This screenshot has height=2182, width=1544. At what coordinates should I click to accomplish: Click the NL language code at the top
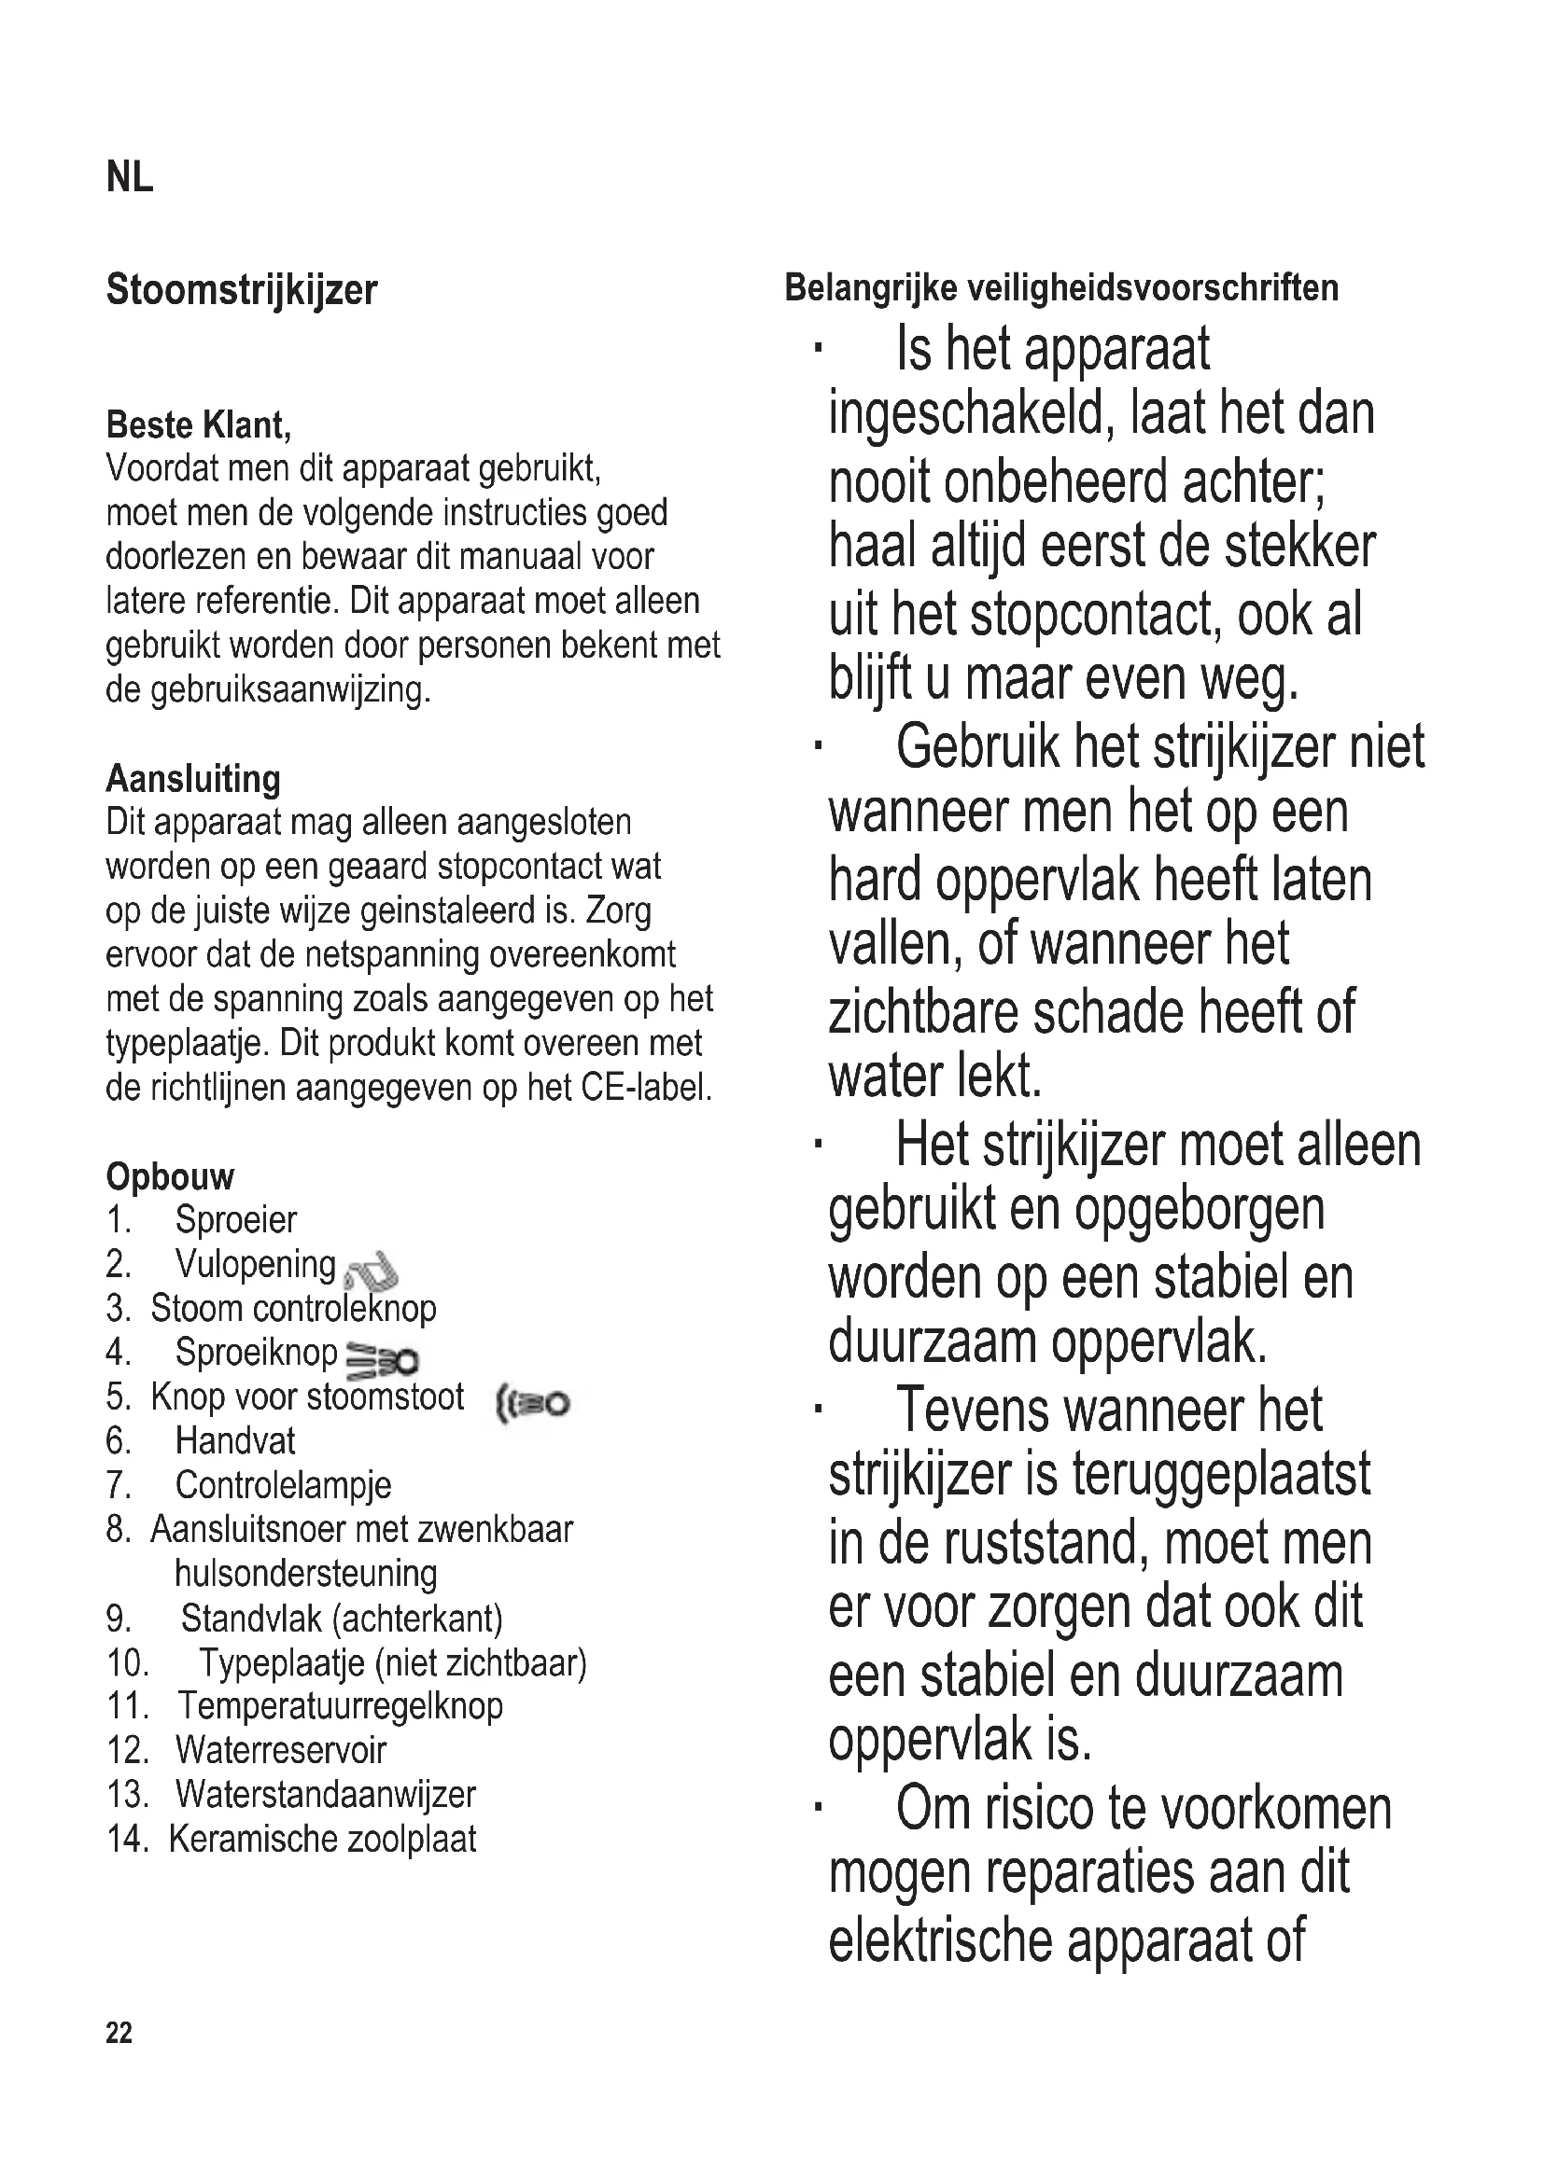click(x=130, y=178)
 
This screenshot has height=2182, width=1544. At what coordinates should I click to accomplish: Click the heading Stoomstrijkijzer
click(x=242, y=290)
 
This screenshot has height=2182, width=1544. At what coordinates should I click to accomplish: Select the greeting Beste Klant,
click(x=199, y=424)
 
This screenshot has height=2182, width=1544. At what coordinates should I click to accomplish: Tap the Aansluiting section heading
click(x=193, y=778)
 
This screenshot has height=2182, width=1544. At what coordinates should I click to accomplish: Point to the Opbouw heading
click(x=170, y=1176)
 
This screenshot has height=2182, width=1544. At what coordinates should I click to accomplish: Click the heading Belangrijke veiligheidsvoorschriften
click(x=1061, y=287)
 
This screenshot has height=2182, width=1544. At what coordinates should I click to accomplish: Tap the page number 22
click(x=119, y=2033)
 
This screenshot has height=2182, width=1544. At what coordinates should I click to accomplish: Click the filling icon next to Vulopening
click(x=371, y=1271)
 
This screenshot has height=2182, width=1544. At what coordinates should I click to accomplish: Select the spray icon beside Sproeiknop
click(x=381, y=1360)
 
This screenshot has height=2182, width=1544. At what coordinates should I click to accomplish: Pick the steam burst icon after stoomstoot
click(x=532, y=1403)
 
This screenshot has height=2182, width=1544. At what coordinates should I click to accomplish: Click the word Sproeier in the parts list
click(x=236, y=1220)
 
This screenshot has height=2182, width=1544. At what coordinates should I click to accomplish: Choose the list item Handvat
click(x=235, y=1441)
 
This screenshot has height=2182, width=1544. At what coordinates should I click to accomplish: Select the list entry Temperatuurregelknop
click(x=340, y=1706)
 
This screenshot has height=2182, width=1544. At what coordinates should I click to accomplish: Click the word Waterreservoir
click(x=280, y=1750)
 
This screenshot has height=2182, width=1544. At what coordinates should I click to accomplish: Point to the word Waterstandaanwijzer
click(x=325, y=1794)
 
